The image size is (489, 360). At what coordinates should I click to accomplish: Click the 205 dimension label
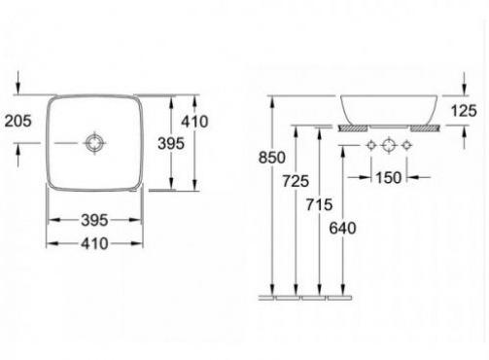[18, 121]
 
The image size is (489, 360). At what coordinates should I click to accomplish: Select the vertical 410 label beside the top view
[194, 122]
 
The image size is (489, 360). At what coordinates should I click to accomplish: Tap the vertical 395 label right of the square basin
[171, 143]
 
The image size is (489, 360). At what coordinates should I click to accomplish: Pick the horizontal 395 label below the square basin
[94, 221]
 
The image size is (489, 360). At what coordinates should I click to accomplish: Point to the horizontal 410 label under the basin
[94, 243]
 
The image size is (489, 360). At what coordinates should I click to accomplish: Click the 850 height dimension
[272, 158]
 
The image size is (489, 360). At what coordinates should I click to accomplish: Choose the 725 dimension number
[296, 181]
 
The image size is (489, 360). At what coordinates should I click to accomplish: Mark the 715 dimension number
[319, 204]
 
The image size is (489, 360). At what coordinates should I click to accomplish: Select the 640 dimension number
[342, 228]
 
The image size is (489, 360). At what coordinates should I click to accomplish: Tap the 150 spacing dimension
[389, 177]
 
